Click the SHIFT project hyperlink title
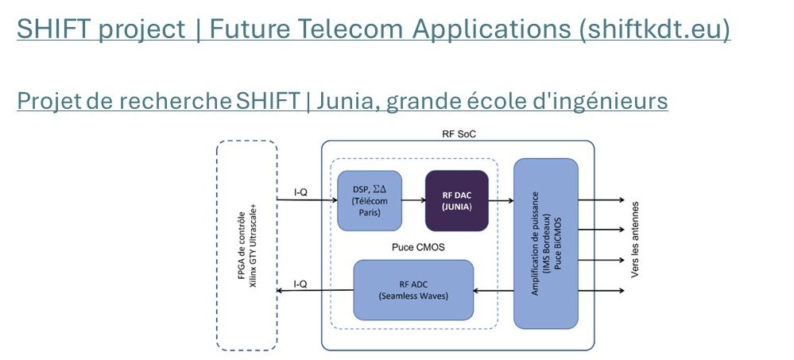(x=374, y=29)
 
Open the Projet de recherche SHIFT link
(x=343, y=100)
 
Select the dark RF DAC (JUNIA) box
(x=457, y=200)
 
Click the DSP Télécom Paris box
(x=370, y=200)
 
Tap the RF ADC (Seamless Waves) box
(x=413, y=290)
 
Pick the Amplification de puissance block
(x=546, y=243)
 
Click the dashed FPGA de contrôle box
(x=247, y=246)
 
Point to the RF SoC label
(x=459, y=134)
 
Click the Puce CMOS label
(x=415, y=247)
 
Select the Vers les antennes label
(x=635, y=239)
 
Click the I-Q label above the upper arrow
(x=300, y=192)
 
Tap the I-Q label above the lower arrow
(x=300, y=284)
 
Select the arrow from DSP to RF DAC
(x=414, y=200)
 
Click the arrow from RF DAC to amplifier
(x=501, y=200)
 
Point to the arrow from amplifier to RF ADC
(x=494, y=291)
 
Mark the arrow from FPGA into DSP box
(x=308, y=200)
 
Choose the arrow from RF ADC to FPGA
(x=315, y=291)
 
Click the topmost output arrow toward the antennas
(x=601, y=200)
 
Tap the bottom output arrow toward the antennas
(x=601, y=291)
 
